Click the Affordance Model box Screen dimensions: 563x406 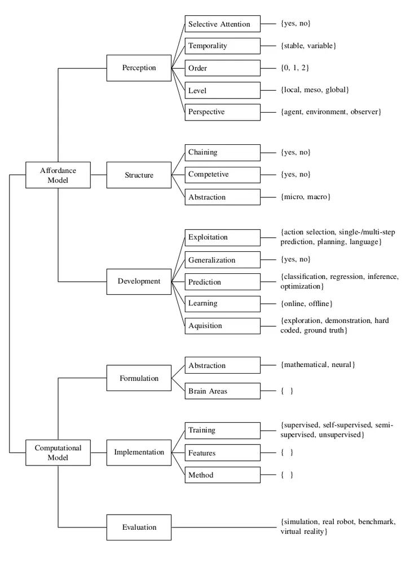click(x=58, y=175)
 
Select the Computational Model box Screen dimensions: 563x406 click(x=58, y=452)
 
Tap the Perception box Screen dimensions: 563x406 click(x=139, y=68)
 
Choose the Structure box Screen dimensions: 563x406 click(x=139, y=175)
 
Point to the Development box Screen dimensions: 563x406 click(x=139, y=281)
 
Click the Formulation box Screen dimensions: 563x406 click(x=139, y=378)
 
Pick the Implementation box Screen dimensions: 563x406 click(x=139, y=452)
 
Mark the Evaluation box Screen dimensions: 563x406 click(x=139, y=527)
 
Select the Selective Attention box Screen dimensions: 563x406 click(x=223, y=24)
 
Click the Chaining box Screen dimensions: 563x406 click(x=223, y=153)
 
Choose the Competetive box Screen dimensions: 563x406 click(x=223, y=175)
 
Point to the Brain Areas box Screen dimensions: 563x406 click(x=223, y=391)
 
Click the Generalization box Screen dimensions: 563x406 click(x=223, y=260)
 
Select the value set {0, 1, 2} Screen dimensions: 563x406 click(x=294, y=68)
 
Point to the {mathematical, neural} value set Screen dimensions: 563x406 click(x=317, y=365)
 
